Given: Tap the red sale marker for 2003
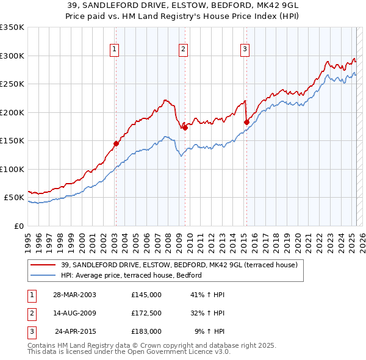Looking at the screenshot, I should point(115,144).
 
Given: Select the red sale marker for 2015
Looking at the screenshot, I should point(246,122).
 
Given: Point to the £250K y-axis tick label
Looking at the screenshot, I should point(12,84).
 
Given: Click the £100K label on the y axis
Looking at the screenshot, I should point(12,169).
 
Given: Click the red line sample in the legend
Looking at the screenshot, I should point(44,265).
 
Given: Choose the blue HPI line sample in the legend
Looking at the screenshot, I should point(44,276).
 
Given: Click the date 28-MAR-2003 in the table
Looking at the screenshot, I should point(74,295).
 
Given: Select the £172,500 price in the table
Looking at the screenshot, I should point(146,313).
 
